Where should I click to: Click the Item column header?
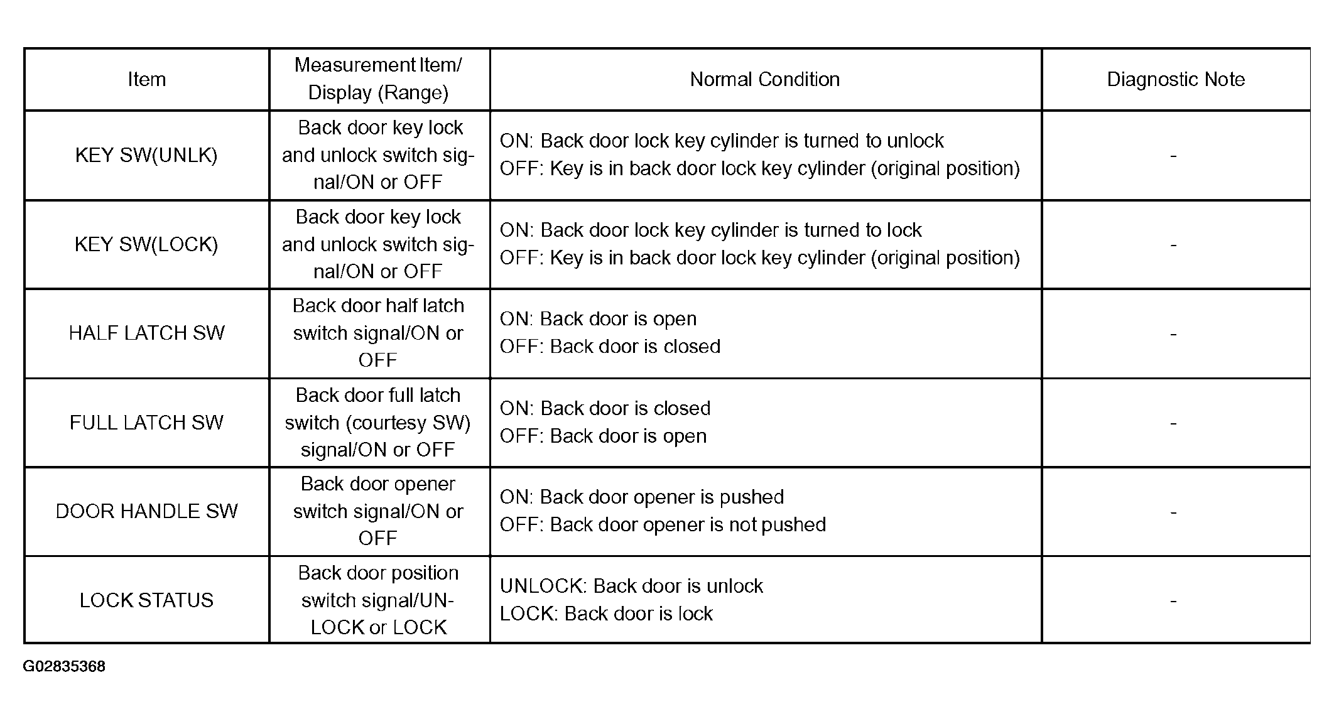tap(146, 80)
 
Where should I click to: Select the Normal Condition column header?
tap(764, 80)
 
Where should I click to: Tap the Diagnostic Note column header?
tap(1175, 80)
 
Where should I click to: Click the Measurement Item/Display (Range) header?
tap(378, 79)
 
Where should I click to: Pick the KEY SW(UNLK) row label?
tap(146, 155)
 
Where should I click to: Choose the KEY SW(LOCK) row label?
tap(146, 244)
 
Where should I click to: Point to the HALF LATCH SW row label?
tap(146, 333)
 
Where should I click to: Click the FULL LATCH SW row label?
tap(146, 423)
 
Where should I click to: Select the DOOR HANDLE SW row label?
tap(146, 511)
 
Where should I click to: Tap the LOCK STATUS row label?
tap(146, 600)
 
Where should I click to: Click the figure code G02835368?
tap(64, 666)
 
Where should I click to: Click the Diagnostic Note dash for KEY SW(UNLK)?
tap(1173, 156)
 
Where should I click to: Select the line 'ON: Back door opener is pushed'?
tap(641, 497)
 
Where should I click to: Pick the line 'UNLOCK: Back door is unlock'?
tap(631, 587)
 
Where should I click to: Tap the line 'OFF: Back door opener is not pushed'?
tap(663, 525)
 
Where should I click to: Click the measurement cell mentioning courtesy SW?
tap(378, 423)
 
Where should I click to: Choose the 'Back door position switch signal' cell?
tap(378, 600)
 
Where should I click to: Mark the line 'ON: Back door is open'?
tap(598, 319)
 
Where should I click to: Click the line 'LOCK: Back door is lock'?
tap(606, 614)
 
